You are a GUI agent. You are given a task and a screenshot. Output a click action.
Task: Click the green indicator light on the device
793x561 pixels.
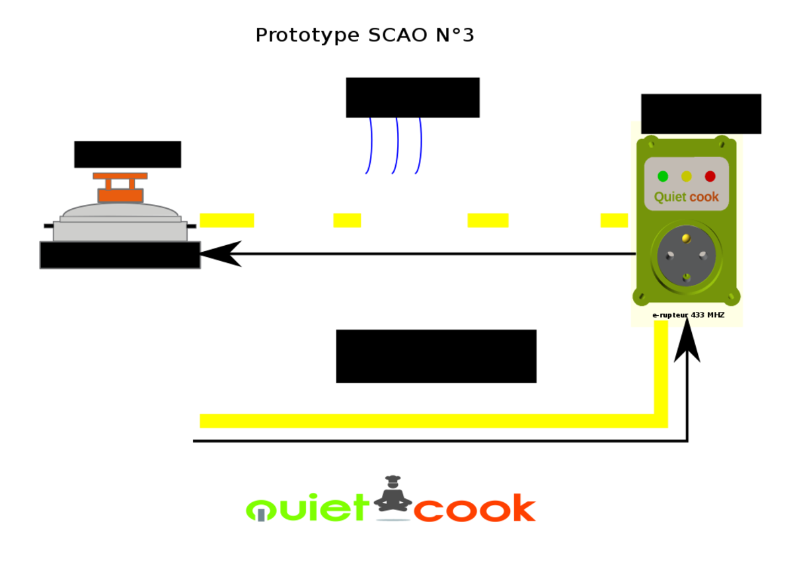point(663,176)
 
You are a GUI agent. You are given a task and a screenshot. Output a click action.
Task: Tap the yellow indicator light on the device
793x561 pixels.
point(687,176)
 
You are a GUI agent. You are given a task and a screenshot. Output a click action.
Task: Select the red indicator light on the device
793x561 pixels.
point(710,176)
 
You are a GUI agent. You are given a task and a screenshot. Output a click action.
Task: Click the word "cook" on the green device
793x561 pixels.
point(704,197)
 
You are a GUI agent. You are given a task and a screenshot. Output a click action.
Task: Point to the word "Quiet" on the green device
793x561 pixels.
point(669,197)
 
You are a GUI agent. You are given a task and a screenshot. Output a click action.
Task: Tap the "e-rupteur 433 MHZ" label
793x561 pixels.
point(688,315)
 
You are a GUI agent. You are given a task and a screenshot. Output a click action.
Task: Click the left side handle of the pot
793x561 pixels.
point(48,226)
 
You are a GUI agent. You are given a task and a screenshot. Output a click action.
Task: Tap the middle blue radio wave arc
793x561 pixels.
point(396,146)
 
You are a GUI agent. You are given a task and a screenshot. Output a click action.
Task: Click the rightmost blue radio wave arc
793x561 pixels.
point(419,146)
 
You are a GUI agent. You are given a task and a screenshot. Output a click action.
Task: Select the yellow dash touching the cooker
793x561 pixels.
point(227,220)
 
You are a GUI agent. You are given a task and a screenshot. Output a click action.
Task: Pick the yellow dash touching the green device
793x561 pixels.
point(614,220)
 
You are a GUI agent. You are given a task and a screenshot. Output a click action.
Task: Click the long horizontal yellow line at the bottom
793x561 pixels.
point(423,421)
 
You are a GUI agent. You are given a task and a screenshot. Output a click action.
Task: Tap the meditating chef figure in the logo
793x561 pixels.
point(393,496)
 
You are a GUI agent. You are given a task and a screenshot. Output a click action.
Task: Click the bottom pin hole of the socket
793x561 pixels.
point(687,277)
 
